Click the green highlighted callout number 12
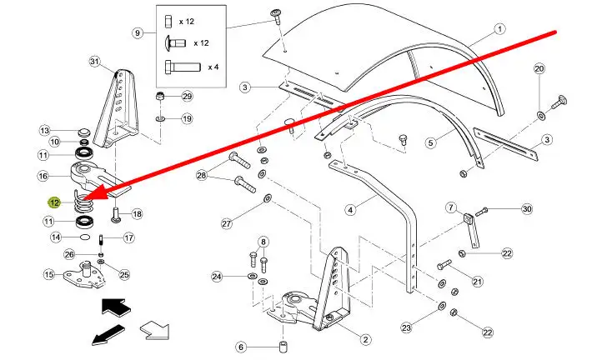tap(54, 202)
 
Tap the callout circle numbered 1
tap(499, 28)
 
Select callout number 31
tap(94, 62)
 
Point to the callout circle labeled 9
tap(138, 33)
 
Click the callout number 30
tap(526, 209)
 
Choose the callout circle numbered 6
tap(240, 347)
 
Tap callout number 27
tap(226, 223)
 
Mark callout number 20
tap(539, 68)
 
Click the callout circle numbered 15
tap(48, 274)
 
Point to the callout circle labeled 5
tap(431, 142)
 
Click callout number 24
tap(216, 276)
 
